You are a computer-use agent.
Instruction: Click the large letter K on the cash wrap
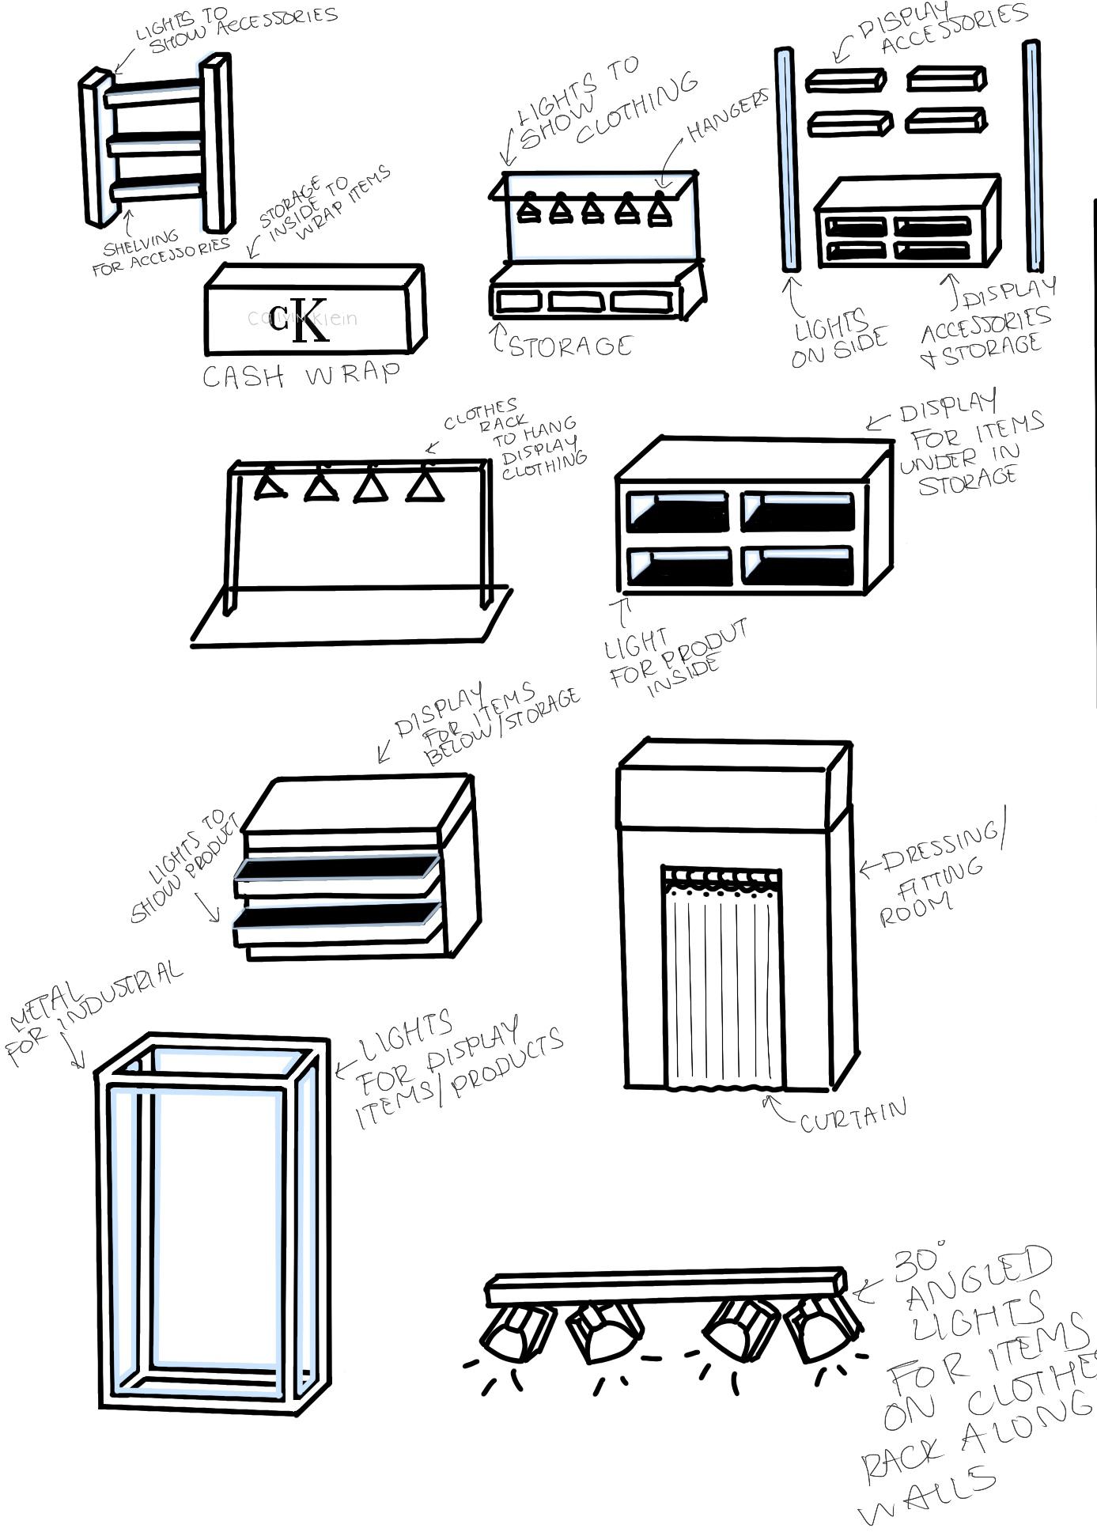(310, 320)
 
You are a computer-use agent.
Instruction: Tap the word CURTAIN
(853, 1117)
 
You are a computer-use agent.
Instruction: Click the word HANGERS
(728, 115)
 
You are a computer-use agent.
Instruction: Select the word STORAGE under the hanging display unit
(570, 346)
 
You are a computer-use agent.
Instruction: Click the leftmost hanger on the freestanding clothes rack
(270, 483)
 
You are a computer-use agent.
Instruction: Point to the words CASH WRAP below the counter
(301, 375)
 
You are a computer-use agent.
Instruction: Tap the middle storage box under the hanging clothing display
(577, 301)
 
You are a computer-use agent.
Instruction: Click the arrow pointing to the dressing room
(869, 867)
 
